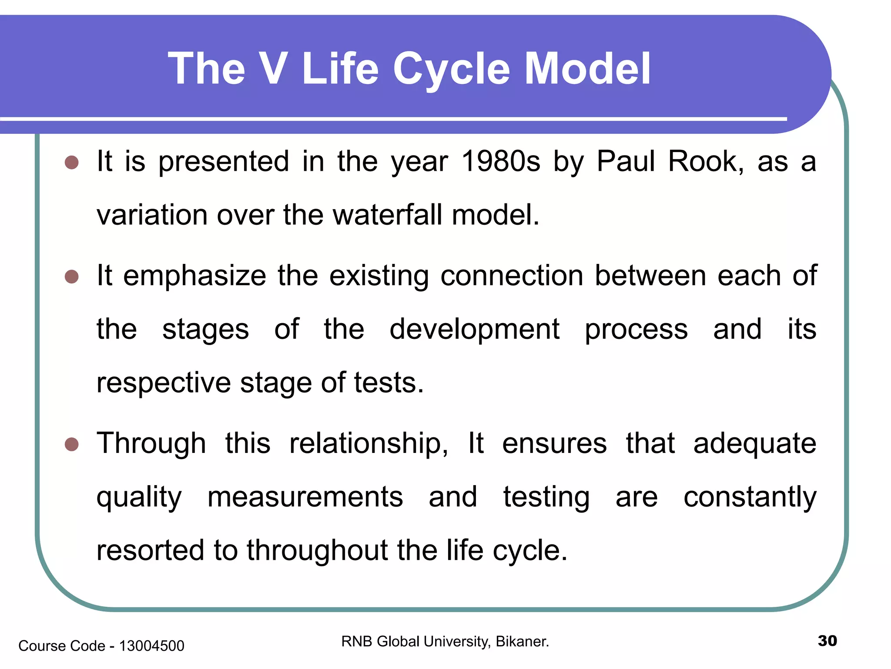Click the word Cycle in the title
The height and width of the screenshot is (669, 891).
pyautogui.click(x=451, y=69)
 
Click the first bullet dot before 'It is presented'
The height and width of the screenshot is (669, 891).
pyautogui.click(x=72, y=163)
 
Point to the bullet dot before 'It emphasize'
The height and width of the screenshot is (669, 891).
pyautogui.click(x=72, y=277)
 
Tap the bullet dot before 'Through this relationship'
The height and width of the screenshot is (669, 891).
pyautogui.click(x=72, y=445)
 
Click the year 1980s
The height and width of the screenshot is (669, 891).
pyautogui.click(x=500, y=161)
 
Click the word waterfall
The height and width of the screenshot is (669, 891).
pyautogui.click(x=388, y=215)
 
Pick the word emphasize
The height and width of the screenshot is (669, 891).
pyautogui.click(x=194, y=276)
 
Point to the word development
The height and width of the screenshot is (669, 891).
pyautogui.click(x=474, y=329)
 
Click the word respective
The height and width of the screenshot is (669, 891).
pyautogui.click(x=163, y=383)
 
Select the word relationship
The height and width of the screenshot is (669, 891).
pyautogui.click(x=368, y=443)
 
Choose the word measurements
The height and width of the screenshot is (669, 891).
pyautogui.click(x=305, y=497)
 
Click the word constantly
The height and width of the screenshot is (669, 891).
pyautogui.click(x=750, y=497)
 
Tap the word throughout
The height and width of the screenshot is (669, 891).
pyautogui.click(x=318, y=551)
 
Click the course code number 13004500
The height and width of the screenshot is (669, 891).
pyautogui.click(x=151, y=646)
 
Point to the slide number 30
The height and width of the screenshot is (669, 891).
pyautogui.click(x=827, y=641)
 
